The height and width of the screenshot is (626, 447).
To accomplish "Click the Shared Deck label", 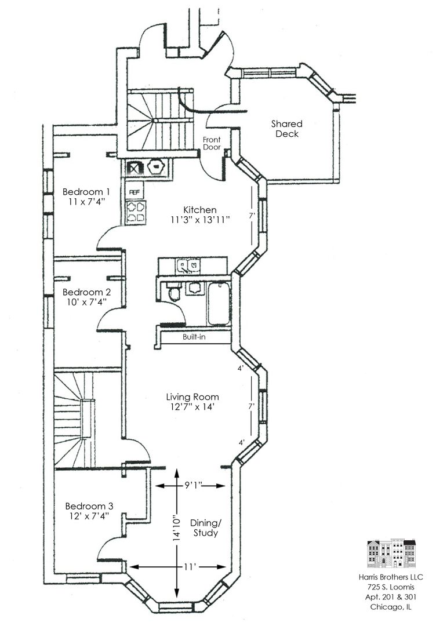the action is point(286,129).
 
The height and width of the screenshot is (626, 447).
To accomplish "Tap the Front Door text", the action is point(211,143).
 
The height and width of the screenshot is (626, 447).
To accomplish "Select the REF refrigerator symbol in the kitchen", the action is point(135,192).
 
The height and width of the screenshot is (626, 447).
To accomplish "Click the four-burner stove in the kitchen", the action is point(136,212).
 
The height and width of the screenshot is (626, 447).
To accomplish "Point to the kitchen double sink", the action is point(188,265).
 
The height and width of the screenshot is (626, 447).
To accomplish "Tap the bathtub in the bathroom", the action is point(219,304).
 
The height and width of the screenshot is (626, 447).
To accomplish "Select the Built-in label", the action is point(194,337).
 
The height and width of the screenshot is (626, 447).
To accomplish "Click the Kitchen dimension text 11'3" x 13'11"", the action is point(200,220).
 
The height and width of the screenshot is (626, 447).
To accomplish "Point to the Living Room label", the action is point(192,397).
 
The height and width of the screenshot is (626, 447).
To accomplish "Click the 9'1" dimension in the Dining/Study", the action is point(193,485).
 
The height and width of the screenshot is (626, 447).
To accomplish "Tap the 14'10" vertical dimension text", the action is point(176,529).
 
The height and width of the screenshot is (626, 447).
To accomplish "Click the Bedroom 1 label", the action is point(86,192).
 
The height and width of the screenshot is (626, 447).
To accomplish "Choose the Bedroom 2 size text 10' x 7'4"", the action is point(87,302).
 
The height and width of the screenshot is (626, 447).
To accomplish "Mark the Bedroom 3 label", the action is point(89,506).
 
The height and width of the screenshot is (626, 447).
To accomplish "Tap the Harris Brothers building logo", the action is point(391,554).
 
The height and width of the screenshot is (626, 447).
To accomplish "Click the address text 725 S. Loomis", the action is point(391,587).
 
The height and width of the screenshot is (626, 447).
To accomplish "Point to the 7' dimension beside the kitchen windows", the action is point(252,216).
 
